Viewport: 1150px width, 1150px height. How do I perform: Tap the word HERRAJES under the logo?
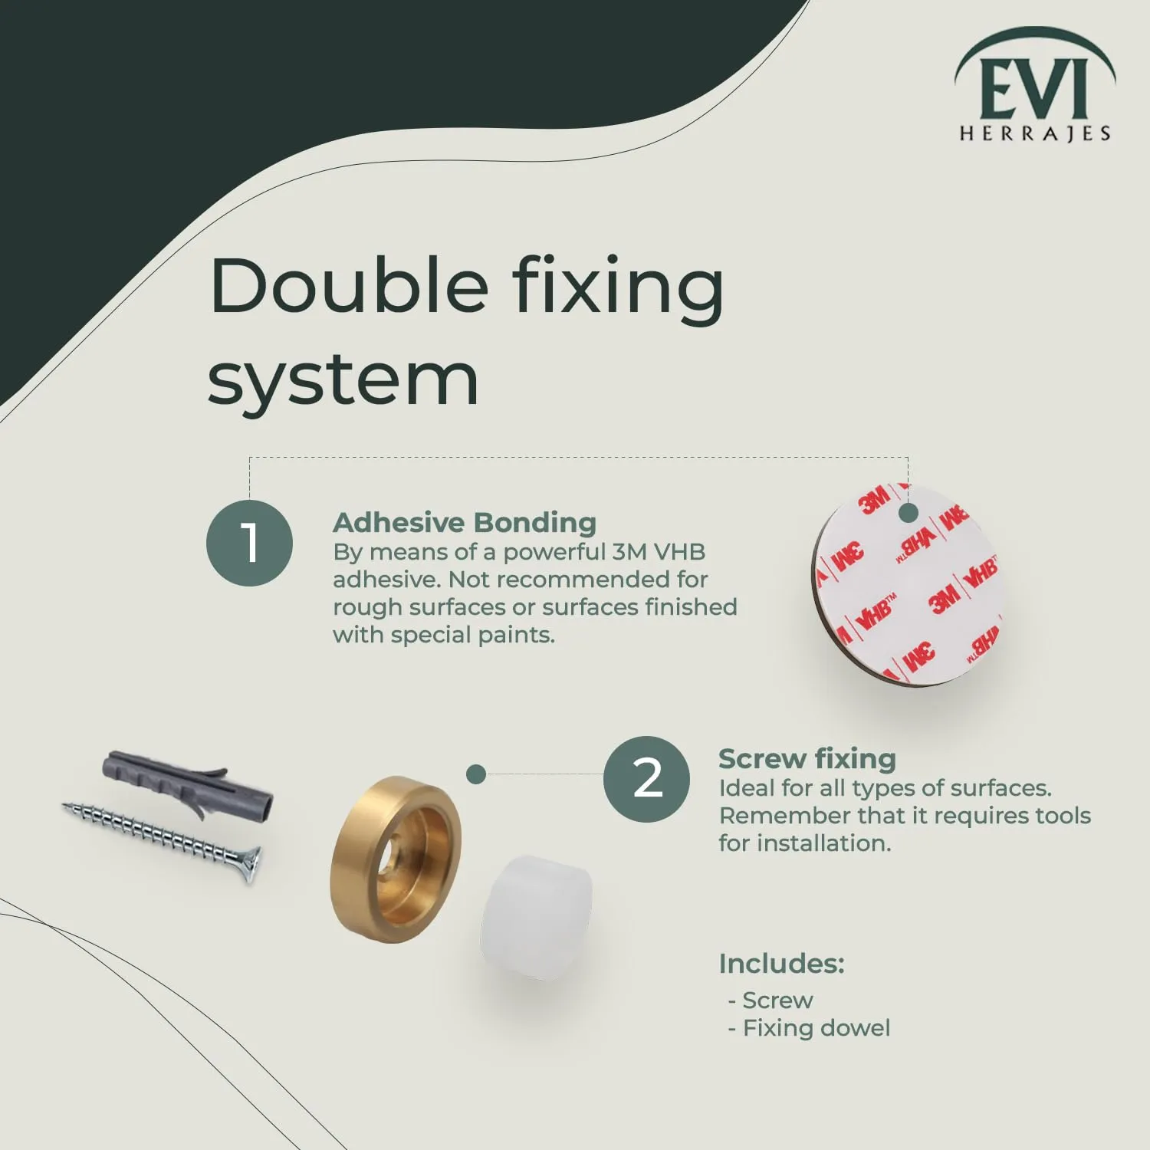[1035, 134]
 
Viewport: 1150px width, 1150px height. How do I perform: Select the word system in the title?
[343, 380]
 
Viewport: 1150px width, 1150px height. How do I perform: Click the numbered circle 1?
[249, 543]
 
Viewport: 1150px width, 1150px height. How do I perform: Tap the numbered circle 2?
[646, 779]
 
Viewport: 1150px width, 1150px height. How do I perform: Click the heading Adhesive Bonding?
[465, 522]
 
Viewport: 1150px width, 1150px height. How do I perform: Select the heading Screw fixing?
[807, 758]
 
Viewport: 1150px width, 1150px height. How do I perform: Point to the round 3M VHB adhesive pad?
[907, 584]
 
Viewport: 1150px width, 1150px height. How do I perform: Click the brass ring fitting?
[396, 859]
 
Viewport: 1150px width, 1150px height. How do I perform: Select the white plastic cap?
[537, 916]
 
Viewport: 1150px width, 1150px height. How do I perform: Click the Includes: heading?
[781, 964]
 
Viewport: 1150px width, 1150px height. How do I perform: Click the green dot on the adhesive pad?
[908, 512]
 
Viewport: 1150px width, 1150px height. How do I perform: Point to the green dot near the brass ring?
[476, 774]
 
